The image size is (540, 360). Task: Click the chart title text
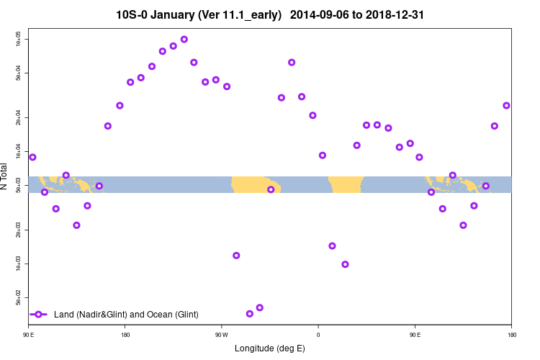pos(269,14)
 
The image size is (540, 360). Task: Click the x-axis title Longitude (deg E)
pos(270,348)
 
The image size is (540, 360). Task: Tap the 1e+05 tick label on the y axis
pos(19,38)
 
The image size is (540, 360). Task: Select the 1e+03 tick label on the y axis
pos(19,264)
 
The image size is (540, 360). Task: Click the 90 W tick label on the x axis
pos(221,334)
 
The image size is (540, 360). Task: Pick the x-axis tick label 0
pos(318,334)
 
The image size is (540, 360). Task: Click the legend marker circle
pos(39,315)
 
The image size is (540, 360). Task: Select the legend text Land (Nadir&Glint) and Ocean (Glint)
pos(126,315)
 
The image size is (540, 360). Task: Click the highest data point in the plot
pos(184,40)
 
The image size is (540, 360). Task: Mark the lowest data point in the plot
pos(250,314)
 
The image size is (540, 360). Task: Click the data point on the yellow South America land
pos(271,190)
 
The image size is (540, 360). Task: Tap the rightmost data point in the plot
pos(506,106)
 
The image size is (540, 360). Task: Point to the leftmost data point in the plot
pos(32,157)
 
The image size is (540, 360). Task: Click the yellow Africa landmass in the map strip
pos(346,184)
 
